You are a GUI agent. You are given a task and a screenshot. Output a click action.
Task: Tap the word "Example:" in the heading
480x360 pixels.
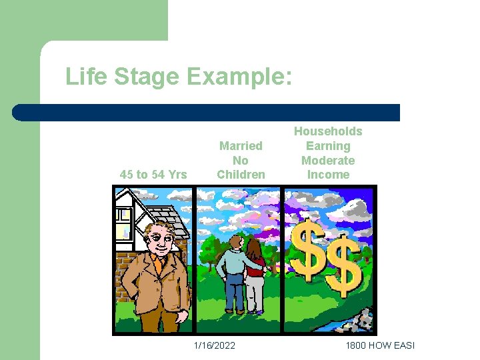[239, 77]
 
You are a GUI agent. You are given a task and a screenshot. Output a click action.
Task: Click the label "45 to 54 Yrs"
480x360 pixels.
[153, 175]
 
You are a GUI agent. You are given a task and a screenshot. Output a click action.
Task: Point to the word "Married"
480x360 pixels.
[241, 145]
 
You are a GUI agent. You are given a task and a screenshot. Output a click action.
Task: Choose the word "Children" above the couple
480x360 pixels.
[241, 175]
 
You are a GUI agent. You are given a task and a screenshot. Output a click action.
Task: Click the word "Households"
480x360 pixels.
[328, 131]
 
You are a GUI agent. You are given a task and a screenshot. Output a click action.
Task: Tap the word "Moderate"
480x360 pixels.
[328, 160]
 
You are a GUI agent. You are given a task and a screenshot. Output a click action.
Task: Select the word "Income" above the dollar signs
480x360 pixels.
[328, 175]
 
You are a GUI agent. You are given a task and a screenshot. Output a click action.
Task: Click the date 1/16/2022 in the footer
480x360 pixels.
[214, 345]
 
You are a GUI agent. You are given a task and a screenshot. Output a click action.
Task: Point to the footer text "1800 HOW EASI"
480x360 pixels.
[380, 345]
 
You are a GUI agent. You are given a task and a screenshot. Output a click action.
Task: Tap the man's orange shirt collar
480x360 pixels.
[157, 261]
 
